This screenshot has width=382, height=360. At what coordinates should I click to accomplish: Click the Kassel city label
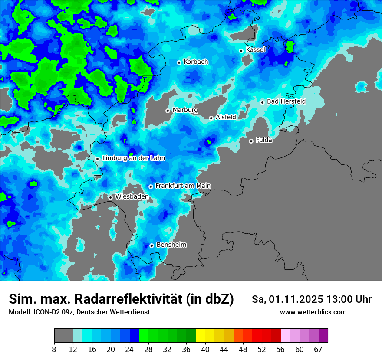tap(255, 50)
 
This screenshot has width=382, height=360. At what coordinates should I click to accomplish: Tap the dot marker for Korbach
tap(179, 62)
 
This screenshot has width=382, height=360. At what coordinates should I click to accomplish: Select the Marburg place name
tap(185, 110)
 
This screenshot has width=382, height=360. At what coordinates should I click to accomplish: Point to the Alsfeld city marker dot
tap(211, 118)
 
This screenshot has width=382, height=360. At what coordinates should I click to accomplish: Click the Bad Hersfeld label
tap(286, 101)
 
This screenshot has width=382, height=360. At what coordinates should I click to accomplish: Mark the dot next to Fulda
tap(251, 141)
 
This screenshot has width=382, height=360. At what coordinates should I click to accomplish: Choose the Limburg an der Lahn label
tap(133, 158)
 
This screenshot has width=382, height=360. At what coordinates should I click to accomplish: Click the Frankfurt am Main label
tap(183, 186)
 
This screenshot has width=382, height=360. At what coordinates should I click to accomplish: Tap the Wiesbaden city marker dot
tap(111, 197)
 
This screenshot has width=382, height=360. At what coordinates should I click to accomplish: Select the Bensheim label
tap(171, 245)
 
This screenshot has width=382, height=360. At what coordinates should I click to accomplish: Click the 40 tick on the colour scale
tap(205, 350)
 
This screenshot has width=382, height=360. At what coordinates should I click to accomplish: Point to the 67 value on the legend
tap(318, 350)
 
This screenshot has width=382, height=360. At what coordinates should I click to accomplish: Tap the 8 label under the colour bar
tap(54, 350)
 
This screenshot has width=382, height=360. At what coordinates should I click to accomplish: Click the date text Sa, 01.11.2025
tap(287, 299)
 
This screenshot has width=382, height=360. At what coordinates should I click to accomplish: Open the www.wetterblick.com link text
tap(313, 312)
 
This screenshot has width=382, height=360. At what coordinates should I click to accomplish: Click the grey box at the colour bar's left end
tap(63, 336)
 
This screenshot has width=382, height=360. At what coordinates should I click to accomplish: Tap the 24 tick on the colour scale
tap(129, 350)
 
